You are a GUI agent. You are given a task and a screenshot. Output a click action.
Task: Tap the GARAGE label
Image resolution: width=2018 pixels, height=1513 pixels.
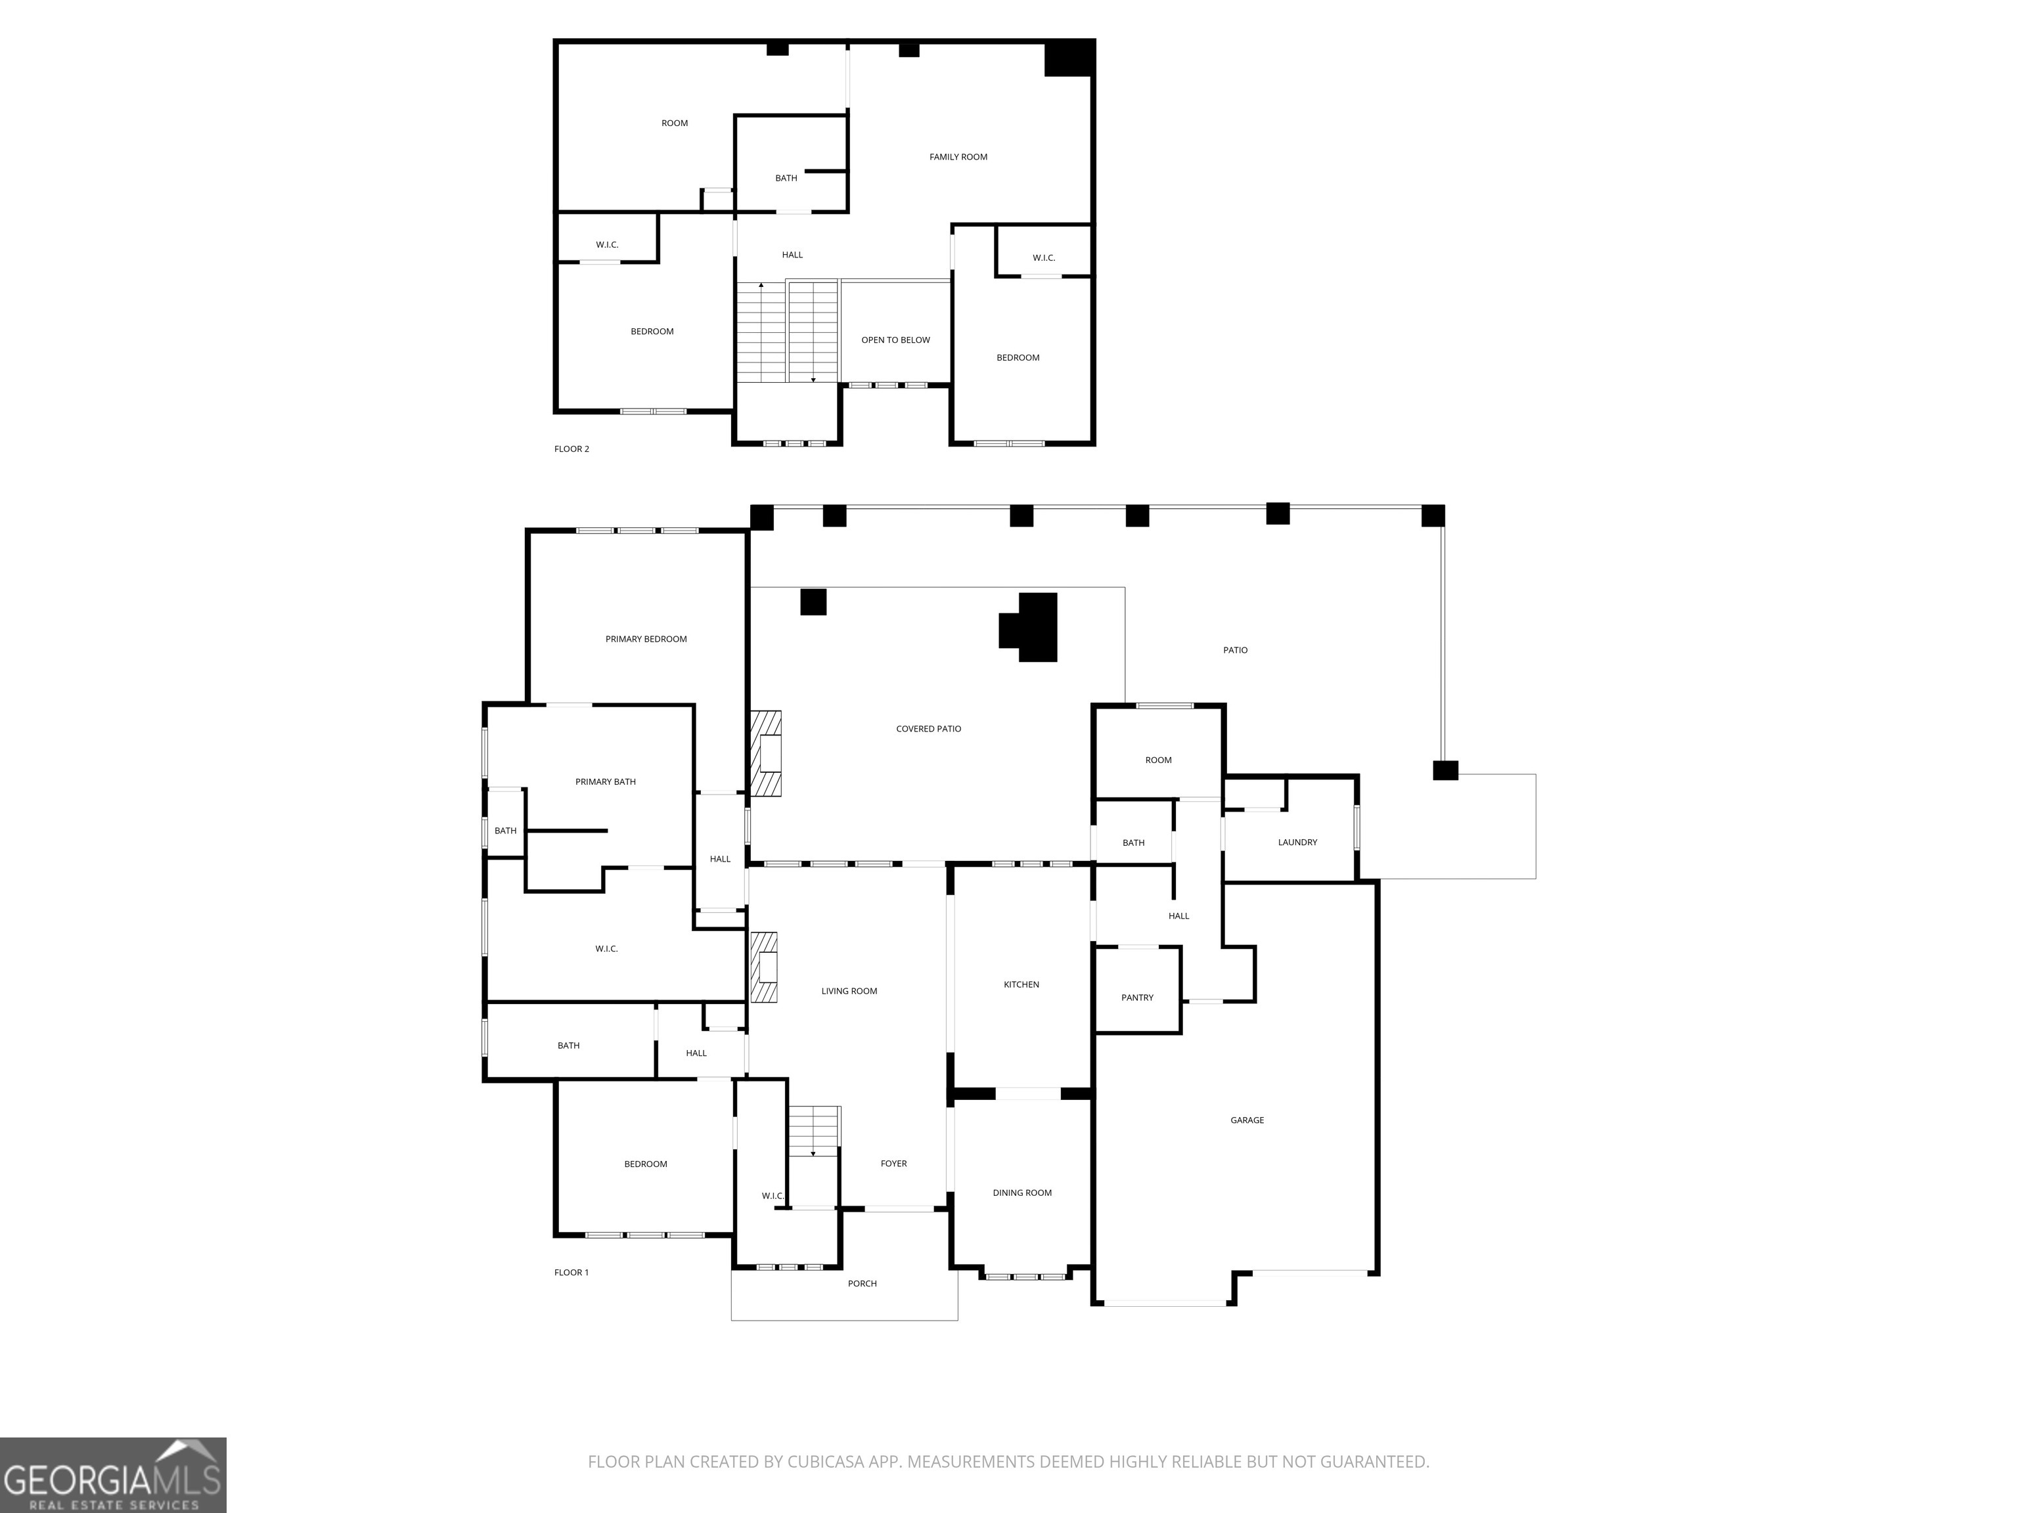click(1246, 1120)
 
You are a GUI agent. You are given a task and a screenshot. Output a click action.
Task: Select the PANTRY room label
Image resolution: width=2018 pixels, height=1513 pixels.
click(1136, 998)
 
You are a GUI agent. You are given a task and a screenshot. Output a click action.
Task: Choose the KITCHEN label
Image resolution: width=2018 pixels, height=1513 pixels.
click(1021, 985)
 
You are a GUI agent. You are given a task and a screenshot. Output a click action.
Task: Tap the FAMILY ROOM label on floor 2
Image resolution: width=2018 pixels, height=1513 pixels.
click(958, 157)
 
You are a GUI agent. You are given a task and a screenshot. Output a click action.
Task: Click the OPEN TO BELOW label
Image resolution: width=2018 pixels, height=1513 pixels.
click(895, 340)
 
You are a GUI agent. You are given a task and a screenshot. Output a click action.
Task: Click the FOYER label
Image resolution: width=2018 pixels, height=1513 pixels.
click(893, 1164)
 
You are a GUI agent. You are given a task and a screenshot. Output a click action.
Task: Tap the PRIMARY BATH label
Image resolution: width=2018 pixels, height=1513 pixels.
click(605, 781)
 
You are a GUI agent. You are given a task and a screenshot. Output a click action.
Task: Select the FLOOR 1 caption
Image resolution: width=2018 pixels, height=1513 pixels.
click(571, 1272)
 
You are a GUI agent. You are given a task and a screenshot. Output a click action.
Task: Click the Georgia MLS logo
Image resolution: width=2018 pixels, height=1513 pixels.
click(113, 1475)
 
